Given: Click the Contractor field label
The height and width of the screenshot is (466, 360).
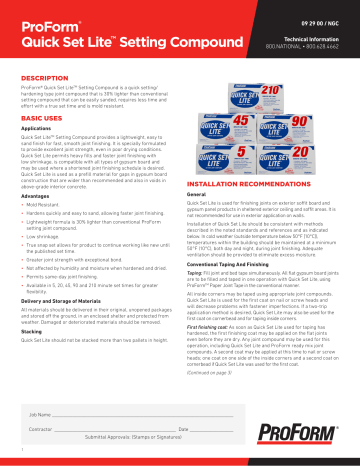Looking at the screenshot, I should tap(44, 428).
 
